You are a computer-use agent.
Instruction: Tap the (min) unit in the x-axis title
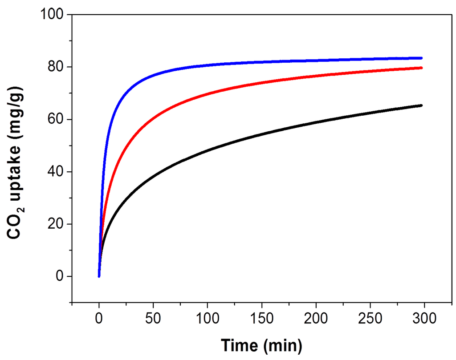[283, 344]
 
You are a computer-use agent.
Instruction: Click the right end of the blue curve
[421, 58]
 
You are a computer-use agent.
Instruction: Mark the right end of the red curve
[421, 68]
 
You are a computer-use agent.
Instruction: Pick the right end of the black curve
[421, 105]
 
